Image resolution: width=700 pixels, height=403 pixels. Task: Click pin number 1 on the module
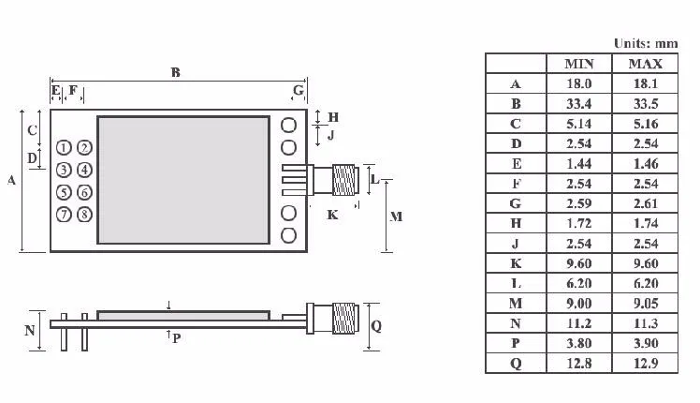(x=64, y=147)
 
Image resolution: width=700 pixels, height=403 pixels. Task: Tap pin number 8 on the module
(x=85, y=215)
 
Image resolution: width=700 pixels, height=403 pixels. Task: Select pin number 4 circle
(x=85, y=170)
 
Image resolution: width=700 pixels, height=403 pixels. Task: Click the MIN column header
(x=579, y=64)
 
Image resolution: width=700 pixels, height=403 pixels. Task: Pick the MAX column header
(x=646, y=64)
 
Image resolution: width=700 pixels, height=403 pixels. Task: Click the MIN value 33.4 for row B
(x=579, y=104)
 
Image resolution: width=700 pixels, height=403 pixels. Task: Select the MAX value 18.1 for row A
(x=646, y=83)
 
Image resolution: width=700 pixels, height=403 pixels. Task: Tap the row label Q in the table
(x=516, y=364)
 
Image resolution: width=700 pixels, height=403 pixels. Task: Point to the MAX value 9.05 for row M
(x=646, y=304)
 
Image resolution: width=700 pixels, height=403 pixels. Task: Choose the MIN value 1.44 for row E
(x=579, y=164)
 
